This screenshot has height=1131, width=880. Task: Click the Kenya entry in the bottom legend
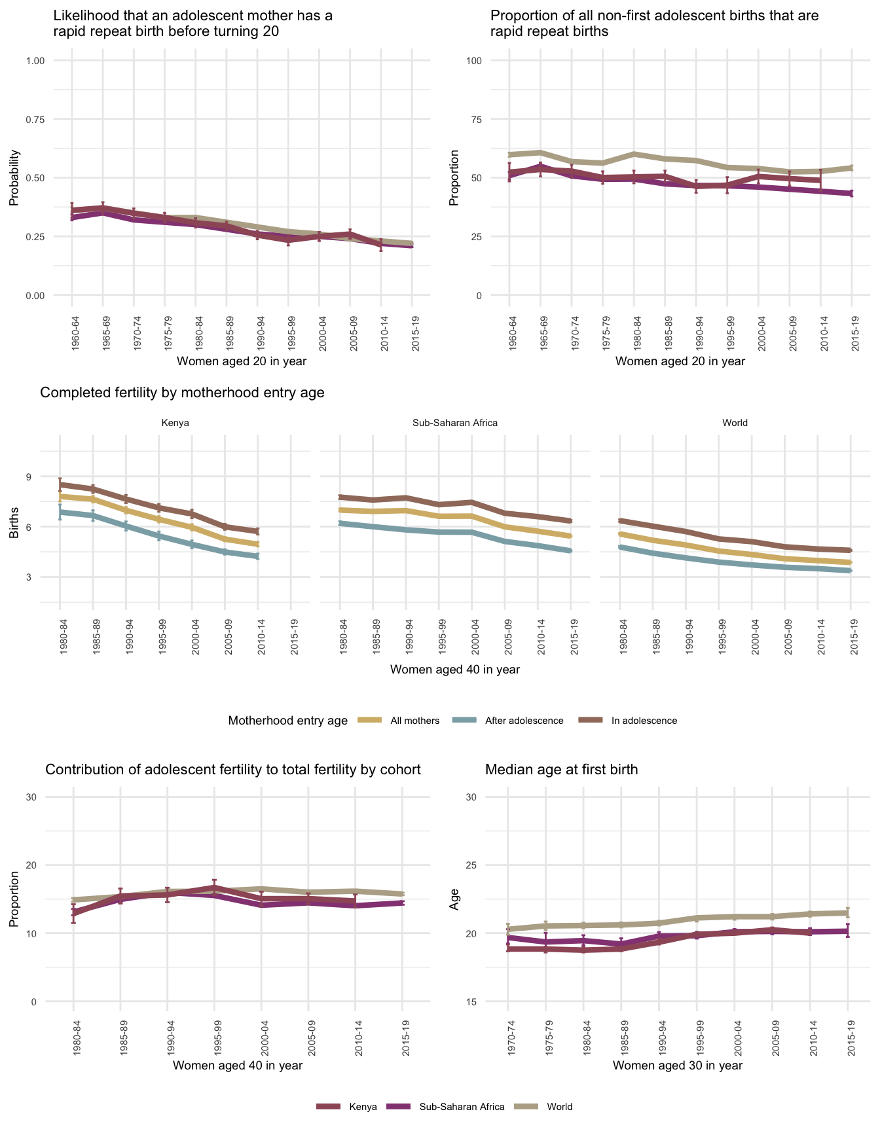(363, 1107)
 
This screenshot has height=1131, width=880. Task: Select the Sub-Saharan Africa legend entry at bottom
(462, 1107)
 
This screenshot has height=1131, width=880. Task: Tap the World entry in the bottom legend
(559, 1107)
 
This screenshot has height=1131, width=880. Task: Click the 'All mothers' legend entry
(414, 721)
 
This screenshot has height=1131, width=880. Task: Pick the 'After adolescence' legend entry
(524, 721)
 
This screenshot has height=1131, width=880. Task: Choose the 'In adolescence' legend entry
(644, 721)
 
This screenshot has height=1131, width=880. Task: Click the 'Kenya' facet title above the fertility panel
(175, 423)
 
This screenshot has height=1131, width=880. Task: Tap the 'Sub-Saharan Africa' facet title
(455, 423)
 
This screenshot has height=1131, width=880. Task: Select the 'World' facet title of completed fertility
(735, 423)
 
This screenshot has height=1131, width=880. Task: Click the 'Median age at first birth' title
(561, 770)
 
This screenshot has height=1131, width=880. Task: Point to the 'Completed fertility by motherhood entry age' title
(182, 393)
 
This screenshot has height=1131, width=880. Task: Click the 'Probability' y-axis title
(14, 178)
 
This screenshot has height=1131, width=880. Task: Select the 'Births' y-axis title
(14, 527)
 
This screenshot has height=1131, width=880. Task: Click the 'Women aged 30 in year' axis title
(678, 1066)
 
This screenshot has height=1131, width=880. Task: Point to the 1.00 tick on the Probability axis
(35, 61)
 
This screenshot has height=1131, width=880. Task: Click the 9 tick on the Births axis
(29, 476)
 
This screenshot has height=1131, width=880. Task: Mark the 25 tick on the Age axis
(473, 865)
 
